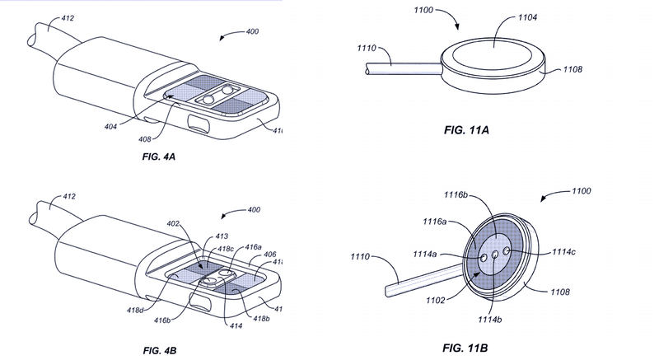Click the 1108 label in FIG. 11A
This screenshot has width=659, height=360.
[573, 72]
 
